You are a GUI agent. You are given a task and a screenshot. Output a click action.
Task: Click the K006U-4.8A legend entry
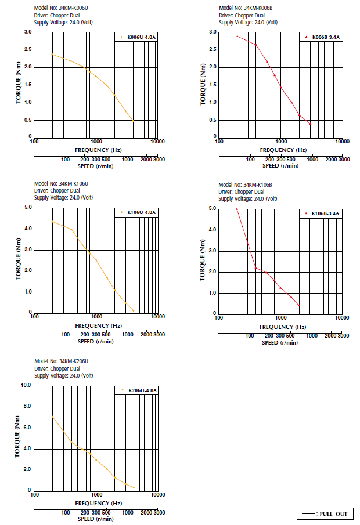[x=136, y=38]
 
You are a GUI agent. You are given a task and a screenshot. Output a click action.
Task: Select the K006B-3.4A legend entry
[x=321, y=38]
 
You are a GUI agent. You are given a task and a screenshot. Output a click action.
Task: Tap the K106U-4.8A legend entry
[x=136, y=212]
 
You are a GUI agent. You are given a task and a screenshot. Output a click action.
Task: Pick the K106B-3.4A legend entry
[x=321, y=214]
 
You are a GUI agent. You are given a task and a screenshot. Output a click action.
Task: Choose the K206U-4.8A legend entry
[x=136, y=390]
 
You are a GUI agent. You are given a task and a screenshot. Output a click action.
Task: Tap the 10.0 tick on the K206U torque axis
[x=26, y=385]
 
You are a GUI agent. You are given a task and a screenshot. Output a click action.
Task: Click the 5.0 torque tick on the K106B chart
[x=212, y=208]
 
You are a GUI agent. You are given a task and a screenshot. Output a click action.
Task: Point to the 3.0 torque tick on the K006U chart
[x=28, y=32]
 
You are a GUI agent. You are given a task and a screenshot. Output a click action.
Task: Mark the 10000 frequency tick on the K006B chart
[x=342, y=141]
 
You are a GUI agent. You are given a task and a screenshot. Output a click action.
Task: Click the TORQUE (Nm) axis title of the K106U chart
[x=19, y=259]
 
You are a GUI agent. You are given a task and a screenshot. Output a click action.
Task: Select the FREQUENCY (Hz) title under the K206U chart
[x=96, y=503]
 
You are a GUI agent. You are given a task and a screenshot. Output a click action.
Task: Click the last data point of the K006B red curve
[x=311, y=124]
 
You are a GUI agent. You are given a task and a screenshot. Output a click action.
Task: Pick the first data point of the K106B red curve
[x=237, y=209]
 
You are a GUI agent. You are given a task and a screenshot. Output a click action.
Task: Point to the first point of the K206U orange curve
[x=52, y=416]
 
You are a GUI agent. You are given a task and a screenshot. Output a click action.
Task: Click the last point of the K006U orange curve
[x=134, y=122]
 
